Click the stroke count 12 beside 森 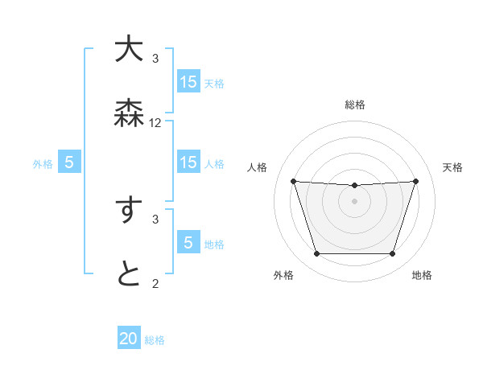[x=155, y=123]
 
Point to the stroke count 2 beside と [x=155, y=283]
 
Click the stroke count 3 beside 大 [x=155, y=58]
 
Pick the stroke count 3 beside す [x=155, y=218]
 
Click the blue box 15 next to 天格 [x=188, y=82]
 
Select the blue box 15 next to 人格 [x=188, y=162]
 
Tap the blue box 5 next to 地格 [x=188, y=243]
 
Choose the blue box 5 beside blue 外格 [x=69, y=162]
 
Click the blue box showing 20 [x=129, y=339]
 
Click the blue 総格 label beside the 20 [x=155, y=340]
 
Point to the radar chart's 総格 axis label [x=355, y=105]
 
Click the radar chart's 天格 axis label [x=453, y=167]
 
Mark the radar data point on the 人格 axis [x=293, y=181]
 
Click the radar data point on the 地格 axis [x=393, y=254]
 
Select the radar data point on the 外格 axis [x=316, y=254]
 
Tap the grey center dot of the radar [x=355, y=201]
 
